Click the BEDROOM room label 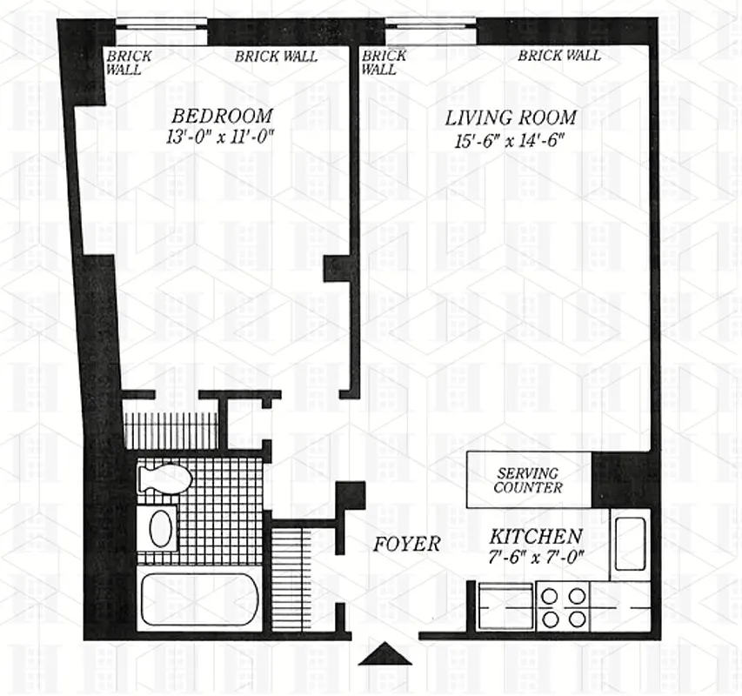pyautogui.click(x=221, y=116)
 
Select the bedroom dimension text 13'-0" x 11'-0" pyautogui.click(x=223, y=136)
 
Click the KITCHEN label pyautogui.click(x=535, y=536)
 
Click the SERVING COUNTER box pyautogui.click(x=528, y=480)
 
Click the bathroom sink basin pyautogui.click(x=159, y=529)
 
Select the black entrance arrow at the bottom pyautogui.click(x=384, y=654)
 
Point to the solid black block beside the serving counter pyautogui.click(x=619, y=478)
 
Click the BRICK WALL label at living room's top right pyautogui.click(x=559, y=56)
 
